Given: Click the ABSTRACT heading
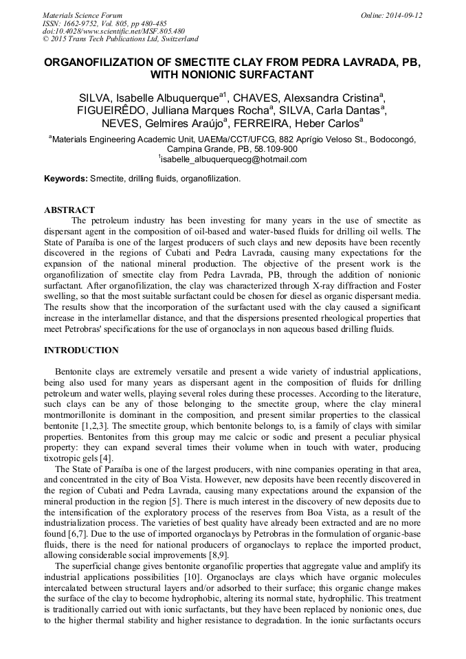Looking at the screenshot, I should click(x=69, y=210).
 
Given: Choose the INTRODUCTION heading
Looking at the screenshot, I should click(x=81, y=350).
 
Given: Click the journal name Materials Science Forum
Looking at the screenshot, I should click(x=82, y=15).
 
